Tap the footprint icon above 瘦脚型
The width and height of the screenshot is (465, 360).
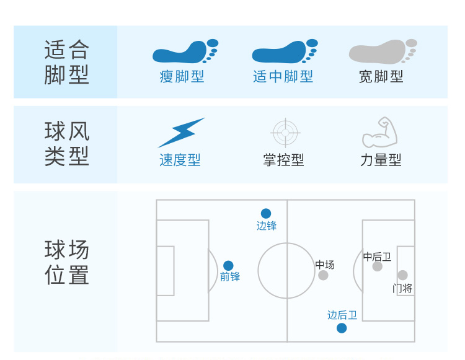(184, 52)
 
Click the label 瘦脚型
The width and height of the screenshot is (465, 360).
(182, 77)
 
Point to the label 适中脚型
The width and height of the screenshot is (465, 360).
(283, 77)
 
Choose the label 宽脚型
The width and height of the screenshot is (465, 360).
(381, 77)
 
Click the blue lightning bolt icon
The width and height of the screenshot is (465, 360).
(180, 132)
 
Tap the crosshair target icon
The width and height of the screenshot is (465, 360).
(285, 132)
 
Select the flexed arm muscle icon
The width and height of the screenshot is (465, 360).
(380, 132)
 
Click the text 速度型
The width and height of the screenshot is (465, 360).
(180, 160)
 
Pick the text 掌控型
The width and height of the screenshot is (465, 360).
(284, 160)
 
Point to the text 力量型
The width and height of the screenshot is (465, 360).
(381, 160)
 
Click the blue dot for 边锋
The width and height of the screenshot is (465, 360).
(266, 214)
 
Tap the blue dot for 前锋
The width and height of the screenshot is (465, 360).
(228, 266)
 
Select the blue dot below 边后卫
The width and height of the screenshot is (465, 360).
(342, 328)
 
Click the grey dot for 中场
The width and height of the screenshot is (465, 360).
(323, 275)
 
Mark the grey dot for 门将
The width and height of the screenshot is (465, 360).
(402, 275)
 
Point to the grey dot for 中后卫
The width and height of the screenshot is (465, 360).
(377, 266)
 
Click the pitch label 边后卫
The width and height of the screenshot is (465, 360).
(342, 315)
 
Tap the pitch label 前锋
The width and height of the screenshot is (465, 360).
(230, 277)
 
